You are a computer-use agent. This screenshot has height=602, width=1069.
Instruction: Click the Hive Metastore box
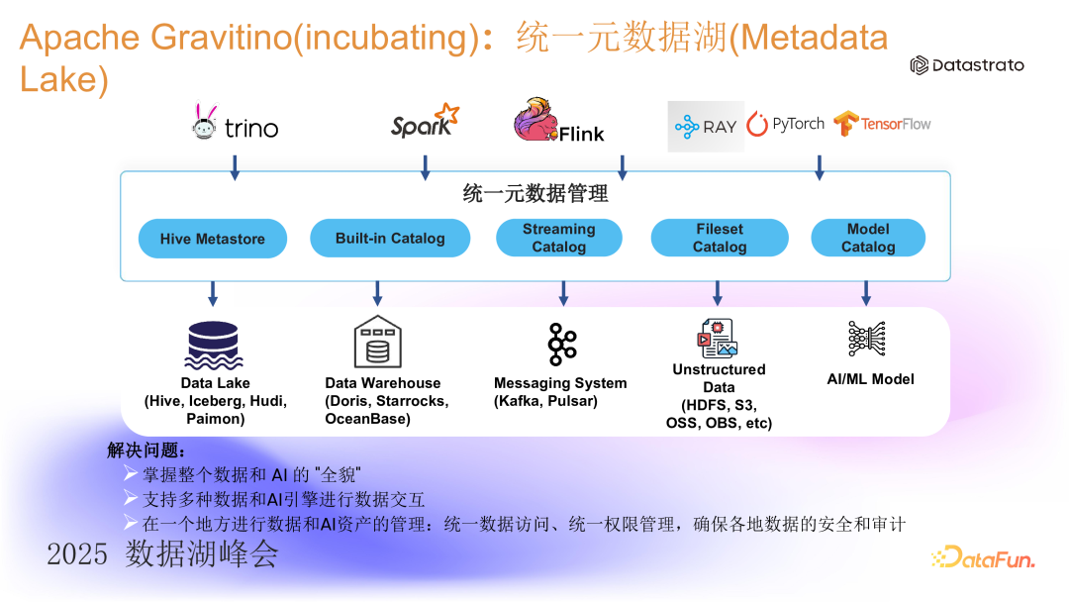(212, 239)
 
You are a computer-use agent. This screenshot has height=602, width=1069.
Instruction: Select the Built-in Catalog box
(390, 239)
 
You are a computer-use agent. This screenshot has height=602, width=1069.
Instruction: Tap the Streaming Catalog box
(559, 238)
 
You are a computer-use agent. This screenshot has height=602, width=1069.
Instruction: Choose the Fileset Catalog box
(720, 238)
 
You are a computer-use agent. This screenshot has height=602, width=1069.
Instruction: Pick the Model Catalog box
(868, 238)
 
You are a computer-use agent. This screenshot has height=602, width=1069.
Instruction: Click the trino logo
(235, 125)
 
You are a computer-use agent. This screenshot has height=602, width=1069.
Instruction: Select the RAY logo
(705, 126)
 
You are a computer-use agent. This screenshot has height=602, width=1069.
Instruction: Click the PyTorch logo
(786, 124)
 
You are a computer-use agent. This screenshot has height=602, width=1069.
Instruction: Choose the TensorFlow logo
(882, 124)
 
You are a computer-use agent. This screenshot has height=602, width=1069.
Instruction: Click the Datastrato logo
(967, 65)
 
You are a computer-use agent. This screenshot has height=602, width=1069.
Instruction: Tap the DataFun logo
(983, 558)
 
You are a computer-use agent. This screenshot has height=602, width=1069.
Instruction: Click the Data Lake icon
(215, 345)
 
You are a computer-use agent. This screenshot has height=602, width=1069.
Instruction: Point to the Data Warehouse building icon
(377, 342)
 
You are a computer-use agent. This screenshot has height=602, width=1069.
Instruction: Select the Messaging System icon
(562, 344)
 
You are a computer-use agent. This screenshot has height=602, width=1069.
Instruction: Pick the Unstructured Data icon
(719, 338)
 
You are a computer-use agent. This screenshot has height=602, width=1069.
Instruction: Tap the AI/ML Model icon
(868, 339)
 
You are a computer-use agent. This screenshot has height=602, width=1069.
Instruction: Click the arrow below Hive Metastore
(212, 293)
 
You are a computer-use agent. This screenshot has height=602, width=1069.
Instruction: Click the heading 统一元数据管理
(535, 194)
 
